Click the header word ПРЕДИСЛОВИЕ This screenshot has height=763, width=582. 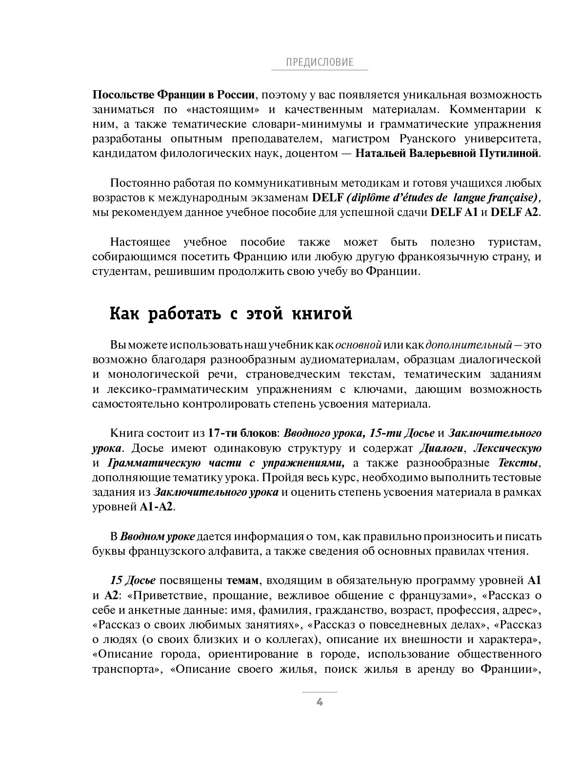click(x=319, y=62)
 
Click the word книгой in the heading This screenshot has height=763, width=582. click(x=321, y=313)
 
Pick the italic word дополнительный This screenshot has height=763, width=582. click(x=469, y=345)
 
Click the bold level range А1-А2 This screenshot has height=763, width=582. click(x=156, y=507)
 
